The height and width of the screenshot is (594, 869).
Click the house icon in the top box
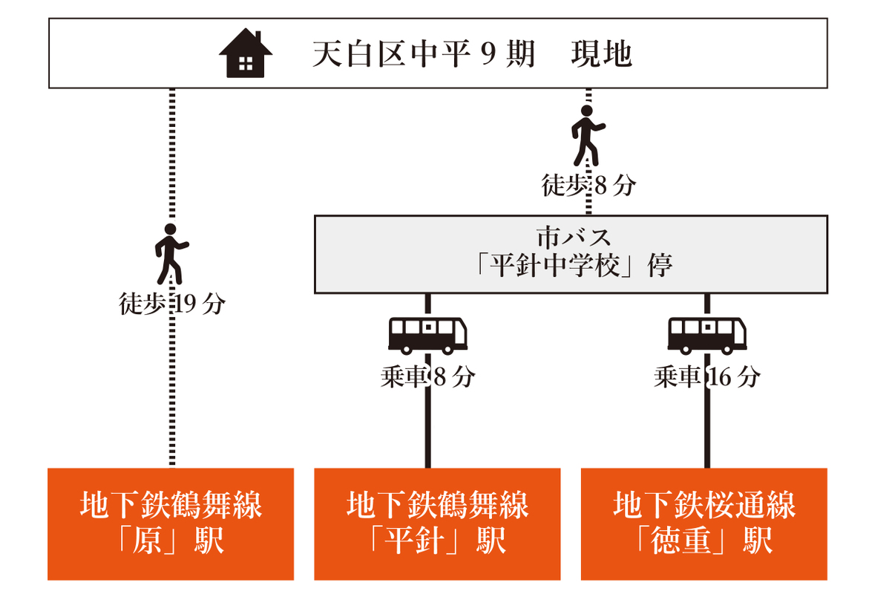(246, 53)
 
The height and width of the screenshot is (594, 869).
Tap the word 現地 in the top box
(601, 55)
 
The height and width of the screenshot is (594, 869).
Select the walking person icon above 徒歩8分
(588, 135)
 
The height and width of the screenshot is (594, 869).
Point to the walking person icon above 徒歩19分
(171, 253)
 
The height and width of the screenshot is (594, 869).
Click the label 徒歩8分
(588, 186)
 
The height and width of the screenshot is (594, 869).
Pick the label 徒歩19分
(172, 304)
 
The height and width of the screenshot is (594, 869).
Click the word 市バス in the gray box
(574, 238)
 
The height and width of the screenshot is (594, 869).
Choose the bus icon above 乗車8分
(428, 335)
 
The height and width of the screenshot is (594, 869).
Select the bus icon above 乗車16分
(707, 335)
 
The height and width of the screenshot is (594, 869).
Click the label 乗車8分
(428, 377)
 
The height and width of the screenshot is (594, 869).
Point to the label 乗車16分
(707, 377)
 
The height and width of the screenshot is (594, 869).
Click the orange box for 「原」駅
(171, 524)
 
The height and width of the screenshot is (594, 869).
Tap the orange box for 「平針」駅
(437, 524)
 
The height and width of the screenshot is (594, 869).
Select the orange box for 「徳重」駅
(704, 524)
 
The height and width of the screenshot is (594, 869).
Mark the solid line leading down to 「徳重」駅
(707, 431)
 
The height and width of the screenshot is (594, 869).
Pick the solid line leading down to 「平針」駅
(428, 431)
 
